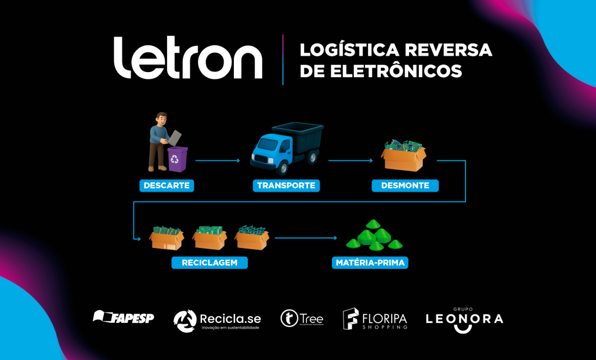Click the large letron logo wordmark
187,58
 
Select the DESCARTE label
166,186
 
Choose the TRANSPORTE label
286,186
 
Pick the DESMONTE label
405,186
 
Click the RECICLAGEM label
209,262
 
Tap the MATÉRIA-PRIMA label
370,262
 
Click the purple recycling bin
177,159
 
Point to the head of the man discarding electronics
161,118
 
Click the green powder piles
374,235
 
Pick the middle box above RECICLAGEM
209,237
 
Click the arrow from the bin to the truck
218,160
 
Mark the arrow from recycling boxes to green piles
305,237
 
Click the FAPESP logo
124,318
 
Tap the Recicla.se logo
217,321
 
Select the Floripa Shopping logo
375,319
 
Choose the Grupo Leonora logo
464,319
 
